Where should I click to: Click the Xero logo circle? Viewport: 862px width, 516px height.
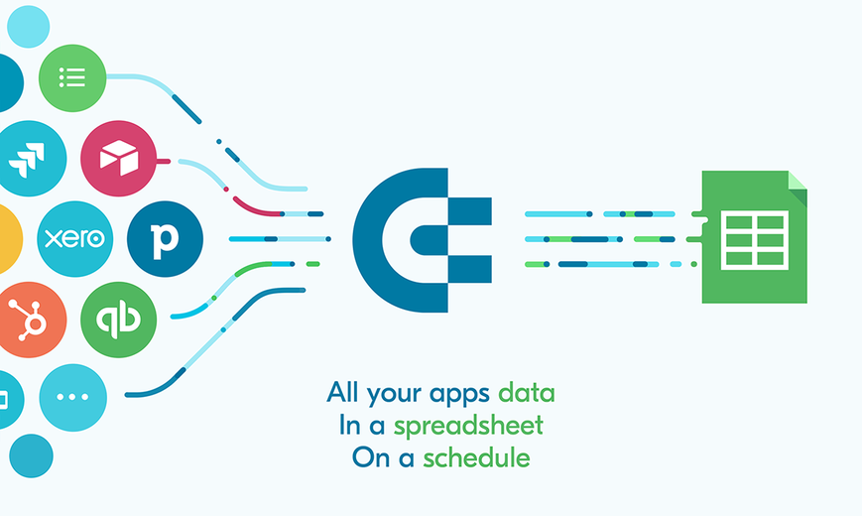(74, 239)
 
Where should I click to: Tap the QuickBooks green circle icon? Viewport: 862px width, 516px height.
(118, 320)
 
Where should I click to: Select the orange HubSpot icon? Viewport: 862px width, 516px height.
(30, 320)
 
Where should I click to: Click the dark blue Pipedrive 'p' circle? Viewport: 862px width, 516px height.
(165, 239)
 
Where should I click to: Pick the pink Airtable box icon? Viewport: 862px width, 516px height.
(119, 159)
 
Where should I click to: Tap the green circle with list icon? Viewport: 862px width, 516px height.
(72, 78)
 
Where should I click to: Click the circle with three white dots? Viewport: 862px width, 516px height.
(73, 397)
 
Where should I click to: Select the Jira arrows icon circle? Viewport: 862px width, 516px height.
(30, 159)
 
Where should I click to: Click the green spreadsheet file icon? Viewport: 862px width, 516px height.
(754, 236)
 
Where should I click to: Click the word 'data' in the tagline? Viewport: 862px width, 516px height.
(526, 393)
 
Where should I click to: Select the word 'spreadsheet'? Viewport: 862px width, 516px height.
(468, 426)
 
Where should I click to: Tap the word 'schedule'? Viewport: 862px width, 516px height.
(476, 457)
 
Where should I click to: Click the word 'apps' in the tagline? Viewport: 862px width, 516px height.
(459, 394)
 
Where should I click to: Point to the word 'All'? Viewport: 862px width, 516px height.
(343, 392)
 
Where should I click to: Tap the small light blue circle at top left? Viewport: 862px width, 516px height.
(29, 27)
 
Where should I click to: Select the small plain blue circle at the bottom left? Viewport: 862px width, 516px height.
(32, 456)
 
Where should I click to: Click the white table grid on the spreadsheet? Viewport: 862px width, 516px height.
(754, 240)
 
